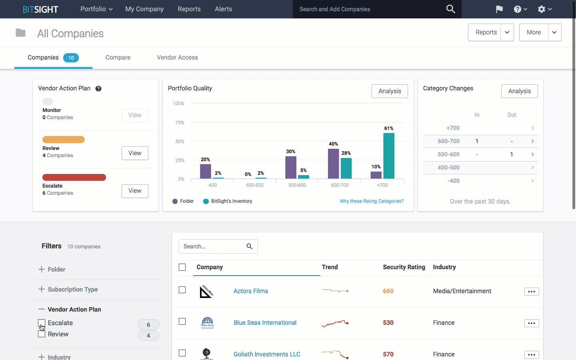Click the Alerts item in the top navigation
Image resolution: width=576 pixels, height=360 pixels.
(x=223, y=9)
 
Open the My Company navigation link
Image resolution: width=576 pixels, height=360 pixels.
(x=144, y=9)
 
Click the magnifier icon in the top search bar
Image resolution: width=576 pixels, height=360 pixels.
(x=450, y=9)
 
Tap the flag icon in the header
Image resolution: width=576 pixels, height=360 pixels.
(x=499, y=9)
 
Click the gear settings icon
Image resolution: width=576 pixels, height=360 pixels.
(x=542, y=9)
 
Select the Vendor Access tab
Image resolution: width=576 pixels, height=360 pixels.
(x=177, y=58)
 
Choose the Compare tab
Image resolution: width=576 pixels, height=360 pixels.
(x=118, y=58)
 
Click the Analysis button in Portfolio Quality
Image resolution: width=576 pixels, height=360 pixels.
(x=390, y=91)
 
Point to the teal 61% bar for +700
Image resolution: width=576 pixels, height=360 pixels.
(x=388, y=156)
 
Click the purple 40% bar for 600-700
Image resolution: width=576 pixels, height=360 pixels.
(x=333, y=164)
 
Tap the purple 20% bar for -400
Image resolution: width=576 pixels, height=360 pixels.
(x=205, y=171)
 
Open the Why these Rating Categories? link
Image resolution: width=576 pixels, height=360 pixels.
(x=372, y=201)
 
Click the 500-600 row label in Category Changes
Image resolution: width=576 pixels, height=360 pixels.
(x=448, y=154)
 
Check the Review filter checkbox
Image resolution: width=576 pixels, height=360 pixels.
(x=42, y=334)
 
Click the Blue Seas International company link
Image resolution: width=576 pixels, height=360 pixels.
(x=265, y=323)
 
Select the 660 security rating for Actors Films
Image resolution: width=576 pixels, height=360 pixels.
(x=388, y=291)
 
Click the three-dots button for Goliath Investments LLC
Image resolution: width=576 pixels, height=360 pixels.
(x=531, y=355)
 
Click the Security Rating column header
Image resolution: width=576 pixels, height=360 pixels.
(x=404, y=267)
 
